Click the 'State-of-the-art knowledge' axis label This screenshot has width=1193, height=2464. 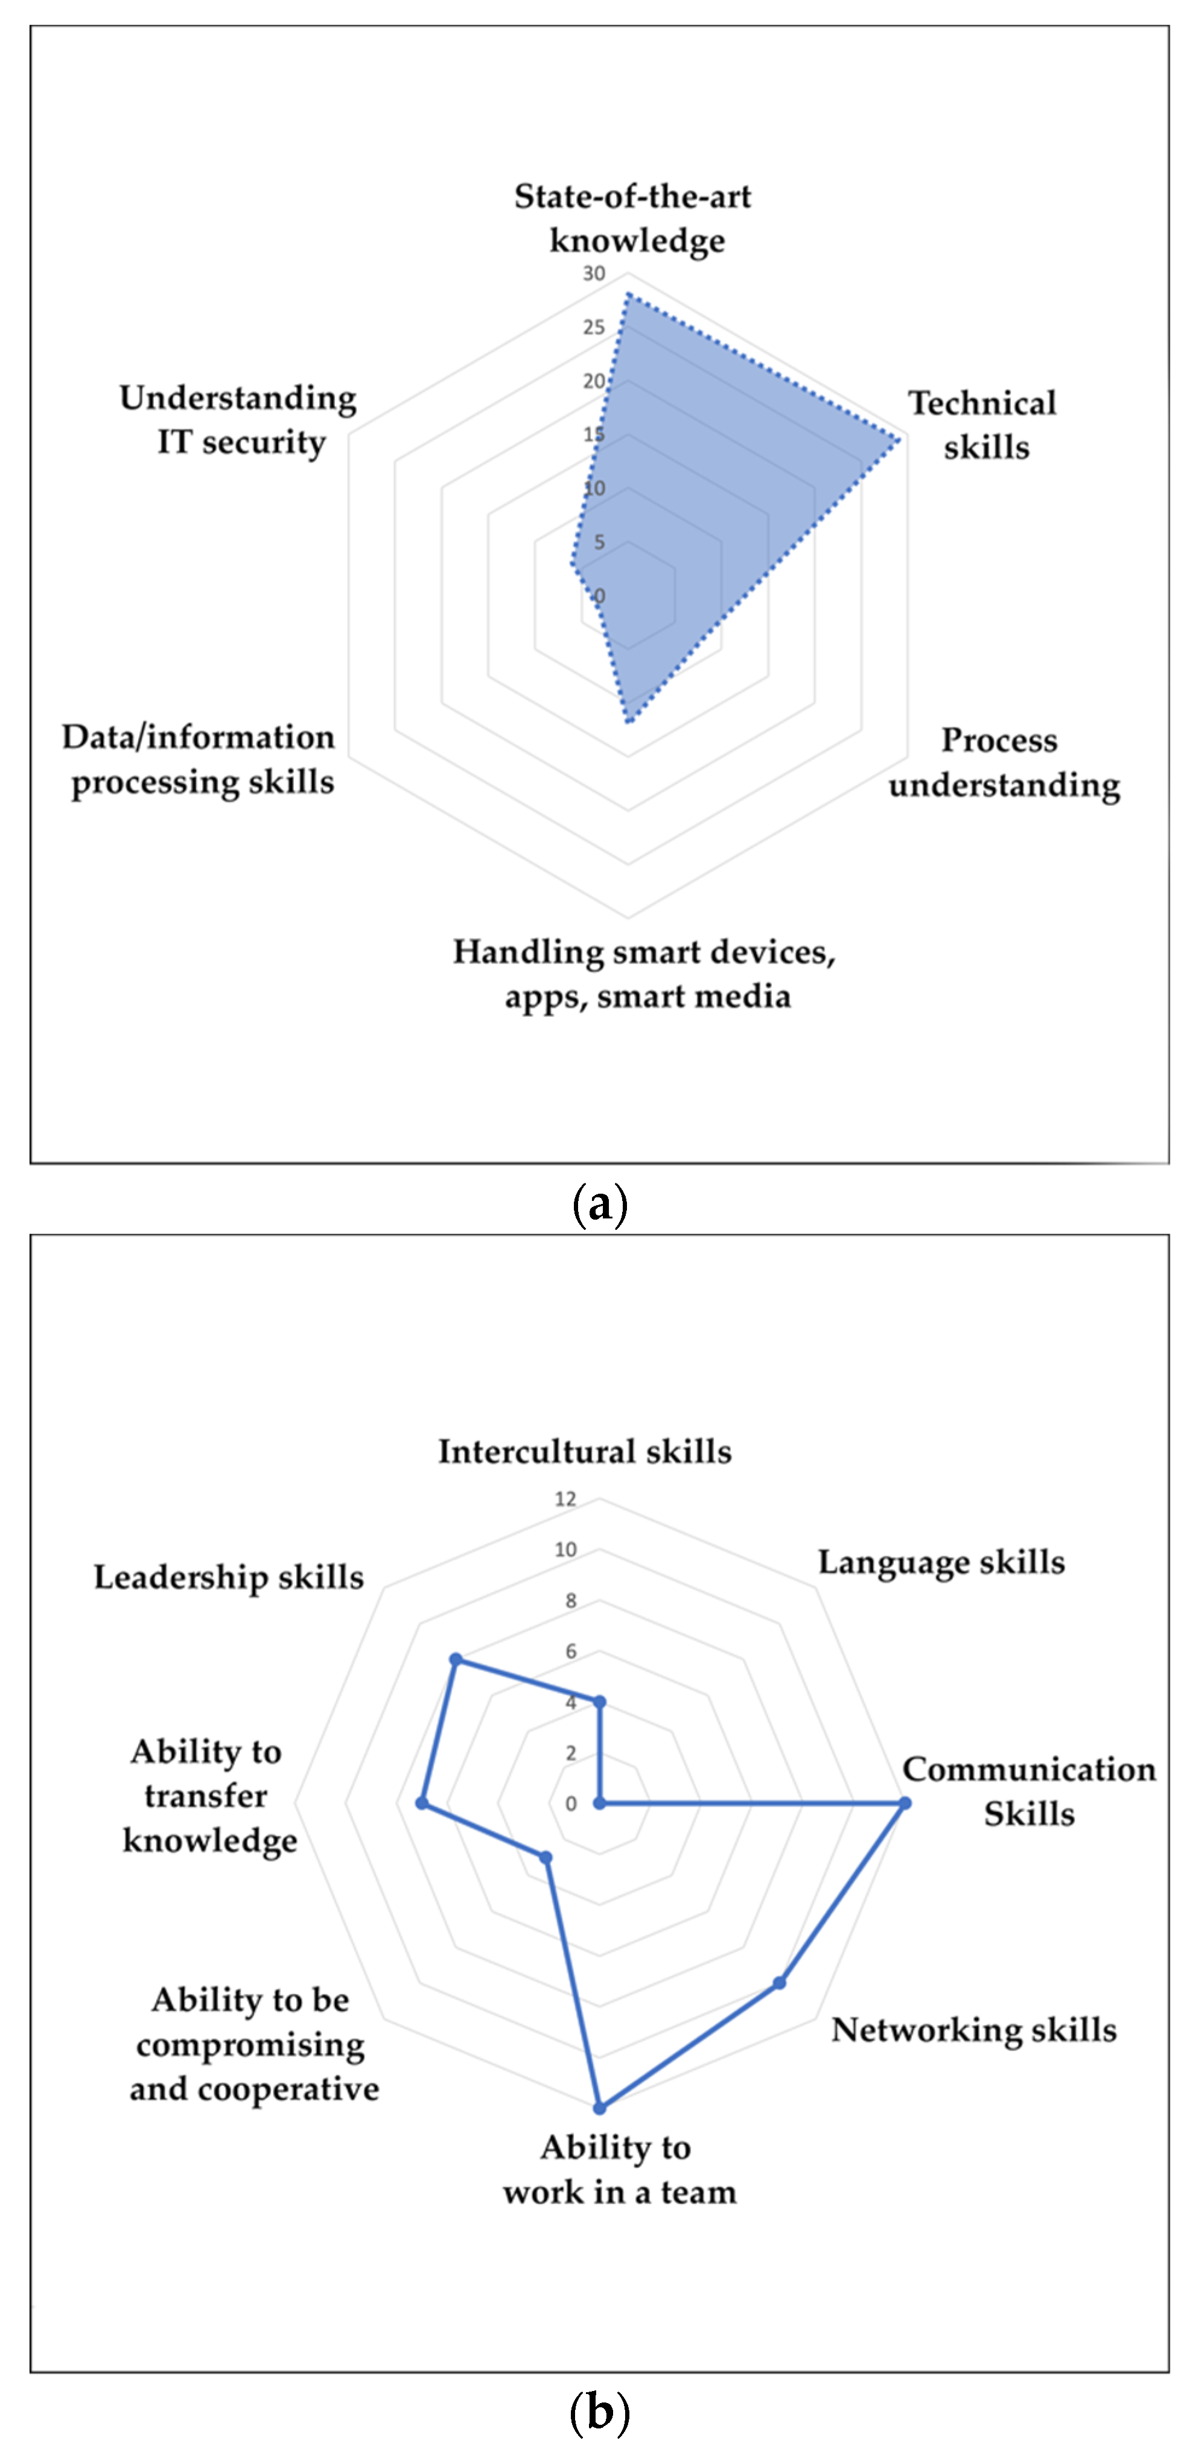[634, 218]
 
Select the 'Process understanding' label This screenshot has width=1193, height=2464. [1004, 762]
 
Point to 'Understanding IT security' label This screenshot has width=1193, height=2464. [238, 420]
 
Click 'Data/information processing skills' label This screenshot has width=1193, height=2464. [200, 759]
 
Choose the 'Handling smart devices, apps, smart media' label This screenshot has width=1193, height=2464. [644, 974]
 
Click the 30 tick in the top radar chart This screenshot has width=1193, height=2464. [594, 274]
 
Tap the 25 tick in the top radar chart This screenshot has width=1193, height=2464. [594, 327]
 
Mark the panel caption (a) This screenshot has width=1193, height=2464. [599, 1205]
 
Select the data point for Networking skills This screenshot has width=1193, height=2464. [780, 1983]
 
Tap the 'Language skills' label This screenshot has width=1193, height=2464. [941, 1562]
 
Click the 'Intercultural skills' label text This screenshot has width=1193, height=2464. [585, 1451]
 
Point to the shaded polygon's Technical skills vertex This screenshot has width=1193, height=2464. [897, 440]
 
